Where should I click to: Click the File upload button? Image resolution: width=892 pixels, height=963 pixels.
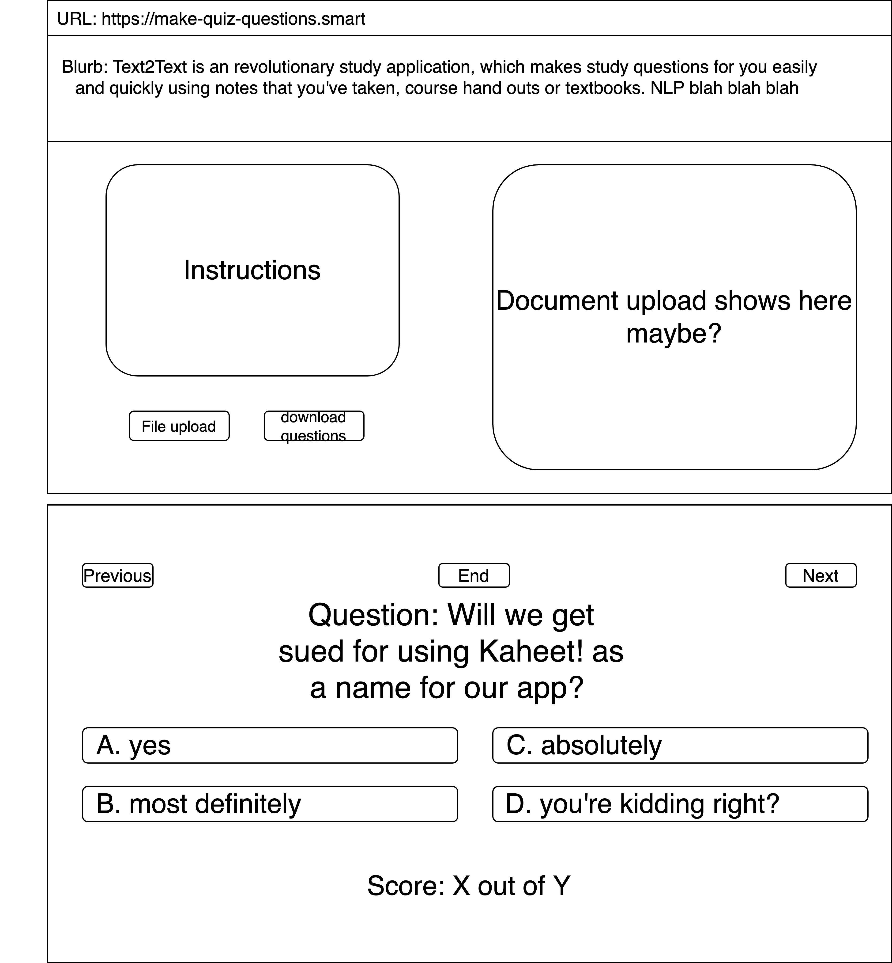pos(179,426)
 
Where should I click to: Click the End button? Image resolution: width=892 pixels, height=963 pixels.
pos(474,575)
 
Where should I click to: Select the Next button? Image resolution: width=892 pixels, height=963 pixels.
pos(820,575)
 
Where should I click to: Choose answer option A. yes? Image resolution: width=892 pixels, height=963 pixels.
pos(270,745)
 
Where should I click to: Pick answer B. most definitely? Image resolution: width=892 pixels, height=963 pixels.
pos(270,804)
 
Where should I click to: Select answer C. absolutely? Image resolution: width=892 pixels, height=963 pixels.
pos(680,745)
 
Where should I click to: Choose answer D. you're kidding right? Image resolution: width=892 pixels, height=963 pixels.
pos(680,804)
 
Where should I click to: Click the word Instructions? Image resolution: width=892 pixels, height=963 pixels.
pos(252,270)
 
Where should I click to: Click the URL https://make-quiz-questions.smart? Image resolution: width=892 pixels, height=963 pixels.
pos(233,19)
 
